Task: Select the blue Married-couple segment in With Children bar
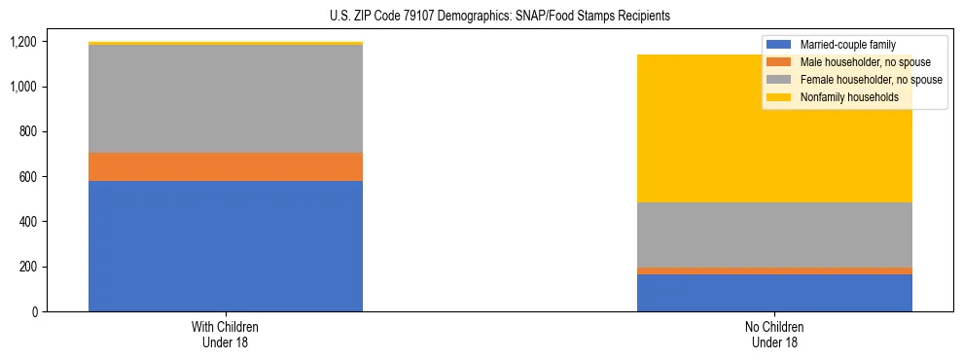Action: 226,245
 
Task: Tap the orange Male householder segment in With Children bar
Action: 226,166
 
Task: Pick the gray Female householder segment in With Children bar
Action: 226,98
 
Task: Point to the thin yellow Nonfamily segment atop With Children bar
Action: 226,44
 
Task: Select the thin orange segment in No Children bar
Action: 774,270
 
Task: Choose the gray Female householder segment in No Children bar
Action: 774,234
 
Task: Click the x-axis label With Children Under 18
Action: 226,334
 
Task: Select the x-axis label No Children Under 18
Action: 774,334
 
